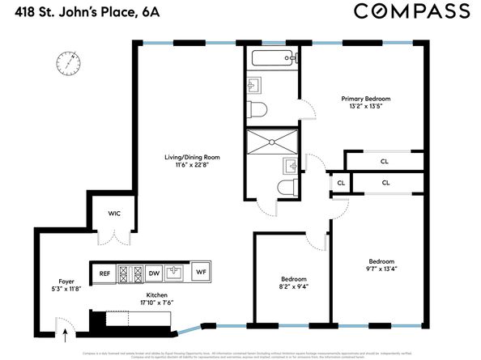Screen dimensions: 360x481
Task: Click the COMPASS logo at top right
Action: pyautogui.click(x=411, y=11)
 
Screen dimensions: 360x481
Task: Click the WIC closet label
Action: pyautogui.click(x=114, y=214)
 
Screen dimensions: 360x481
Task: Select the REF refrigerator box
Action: pyautogui.click(x=104, y=273)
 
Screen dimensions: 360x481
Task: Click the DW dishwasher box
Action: pyautogui.click(x=154, y=273)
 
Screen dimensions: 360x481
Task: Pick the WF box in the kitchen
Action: pyautogui.click(x=201, y=273)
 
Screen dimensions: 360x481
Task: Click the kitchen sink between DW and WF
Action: pyautogui.click(x=177, y=273)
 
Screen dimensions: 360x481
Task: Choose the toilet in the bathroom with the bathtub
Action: pyautogui.click(x=258, y=109)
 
